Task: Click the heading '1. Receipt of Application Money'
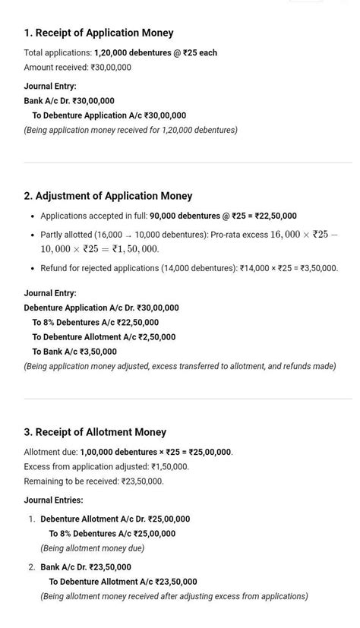(99, 33)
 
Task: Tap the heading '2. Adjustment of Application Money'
(108, 196)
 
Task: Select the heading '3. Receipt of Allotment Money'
(95, 432)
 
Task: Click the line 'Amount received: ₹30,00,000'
(77, 68)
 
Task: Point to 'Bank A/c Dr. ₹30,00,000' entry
(69, 101)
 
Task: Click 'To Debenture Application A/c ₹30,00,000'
(109, 115)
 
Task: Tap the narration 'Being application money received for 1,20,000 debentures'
(131, 130)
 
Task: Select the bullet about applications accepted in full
(169, 216)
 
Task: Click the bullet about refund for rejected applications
(189, 268)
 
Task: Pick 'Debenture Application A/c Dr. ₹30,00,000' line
(101, 308)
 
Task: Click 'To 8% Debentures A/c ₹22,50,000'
(95, 323)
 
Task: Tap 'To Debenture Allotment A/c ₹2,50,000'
(103, 337)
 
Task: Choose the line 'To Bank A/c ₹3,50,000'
(74, 352)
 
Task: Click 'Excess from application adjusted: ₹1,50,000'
(106, 467)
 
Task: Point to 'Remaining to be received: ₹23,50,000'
(93, 481)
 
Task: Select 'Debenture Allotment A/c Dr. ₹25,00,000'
(115, 519)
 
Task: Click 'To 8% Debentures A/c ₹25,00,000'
(112, 534)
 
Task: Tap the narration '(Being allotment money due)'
(92, 548)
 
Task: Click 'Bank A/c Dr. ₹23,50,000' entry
(86, 567)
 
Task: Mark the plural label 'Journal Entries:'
(53, 500)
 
